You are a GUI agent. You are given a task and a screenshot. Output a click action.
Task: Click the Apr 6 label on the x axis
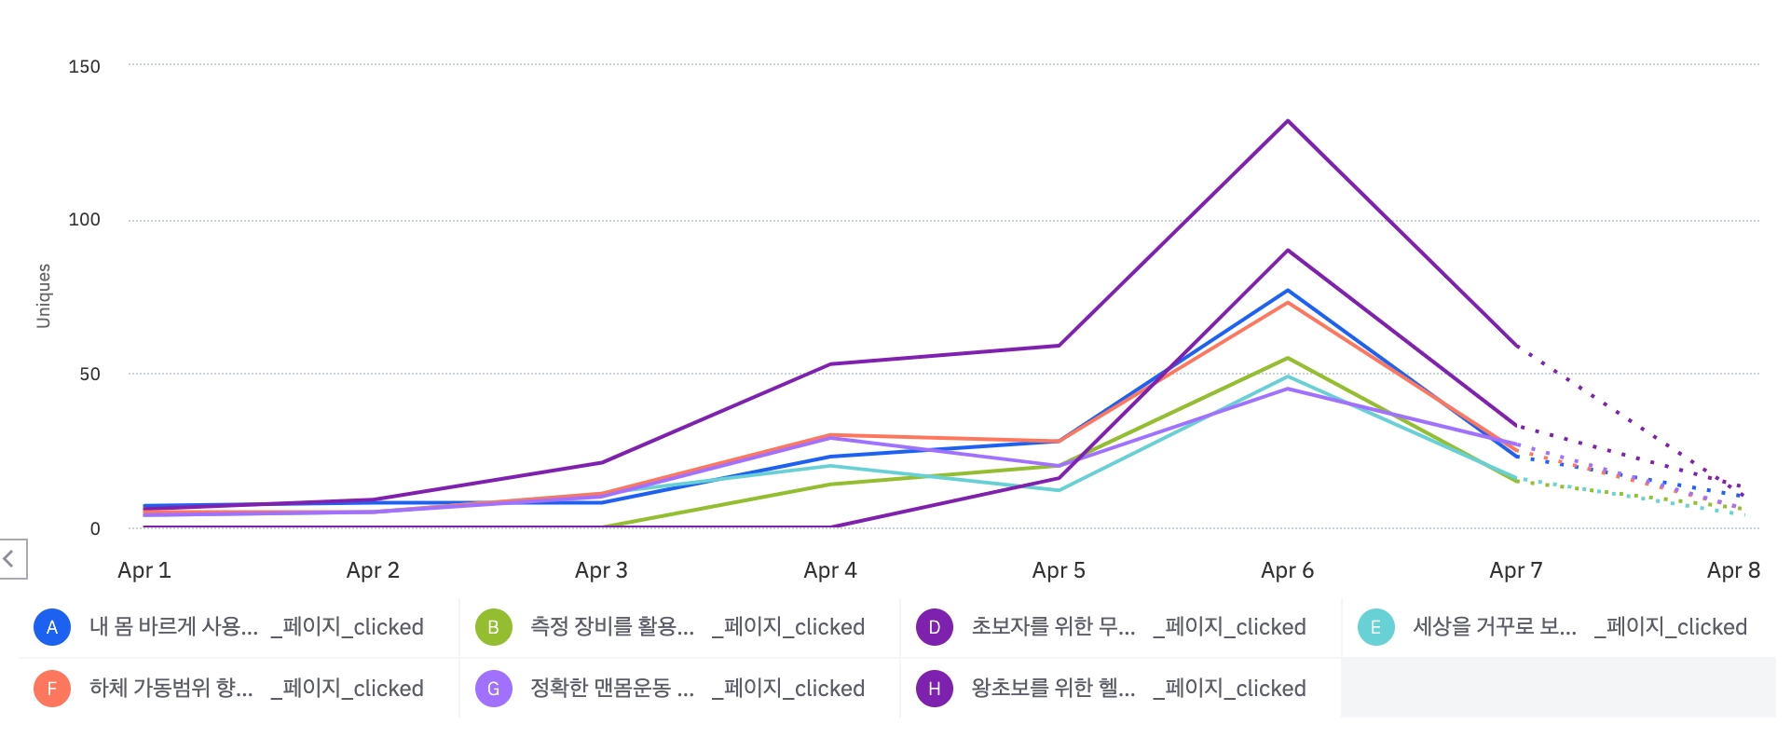(1287, 570)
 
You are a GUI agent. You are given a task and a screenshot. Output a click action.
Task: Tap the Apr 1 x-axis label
(144, 570)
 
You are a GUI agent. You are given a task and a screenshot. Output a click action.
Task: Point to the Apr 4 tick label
(830, 570)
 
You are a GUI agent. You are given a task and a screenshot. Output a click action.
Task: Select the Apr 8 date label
(1733, 570)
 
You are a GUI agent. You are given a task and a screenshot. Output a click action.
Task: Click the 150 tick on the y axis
(84, 66)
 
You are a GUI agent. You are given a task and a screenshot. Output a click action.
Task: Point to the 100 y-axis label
(84, 220)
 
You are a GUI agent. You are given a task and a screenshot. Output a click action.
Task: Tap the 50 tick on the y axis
(89, 374)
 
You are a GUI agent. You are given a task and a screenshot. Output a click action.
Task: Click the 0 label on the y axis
(95, 528)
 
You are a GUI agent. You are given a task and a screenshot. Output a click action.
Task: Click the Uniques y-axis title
(44, 295)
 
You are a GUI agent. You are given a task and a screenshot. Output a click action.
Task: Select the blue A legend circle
(52, 627)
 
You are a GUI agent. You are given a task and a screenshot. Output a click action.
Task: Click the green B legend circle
(493, 627)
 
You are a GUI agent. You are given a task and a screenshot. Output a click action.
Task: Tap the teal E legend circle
(1375, 627)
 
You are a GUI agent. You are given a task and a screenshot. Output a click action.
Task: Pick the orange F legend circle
(52, 689)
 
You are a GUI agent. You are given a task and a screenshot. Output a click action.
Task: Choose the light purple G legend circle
(493, 689)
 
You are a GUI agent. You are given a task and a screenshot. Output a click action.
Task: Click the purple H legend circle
(934, 689)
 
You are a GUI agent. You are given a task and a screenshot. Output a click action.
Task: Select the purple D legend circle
(934, 627)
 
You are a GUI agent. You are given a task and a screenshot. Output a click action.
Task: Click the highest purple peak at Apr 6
(1288, 121)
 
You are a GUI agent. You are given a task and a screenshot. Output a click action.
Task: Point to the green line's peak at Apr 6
(1288, 358)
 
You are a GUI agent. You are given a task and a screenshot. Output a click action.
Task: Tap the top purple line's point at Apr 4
(830, 364)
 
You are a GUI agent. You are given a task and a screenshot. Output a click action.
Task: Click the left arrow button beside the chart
(11, 559)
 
